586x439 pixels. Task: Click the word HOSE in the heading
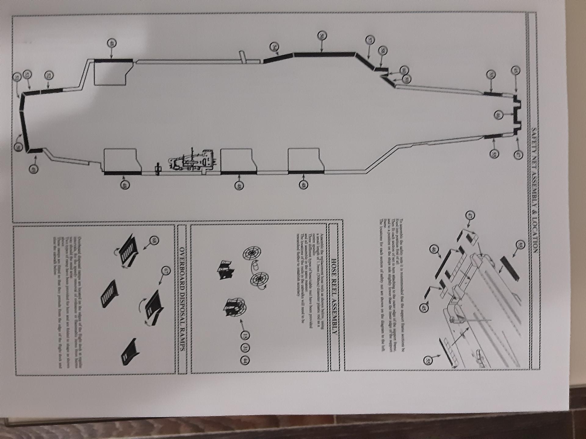point(334,266)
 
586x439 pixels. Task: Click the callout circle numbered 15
point(245,336)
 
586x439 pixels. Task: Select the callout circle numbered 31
point(245,348)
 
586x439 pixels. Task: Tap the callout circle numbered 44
point(245,360)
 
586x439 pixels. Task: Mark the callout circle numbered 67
point(166,270)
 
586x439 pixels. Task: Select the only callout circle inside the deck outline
point(498,115)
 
